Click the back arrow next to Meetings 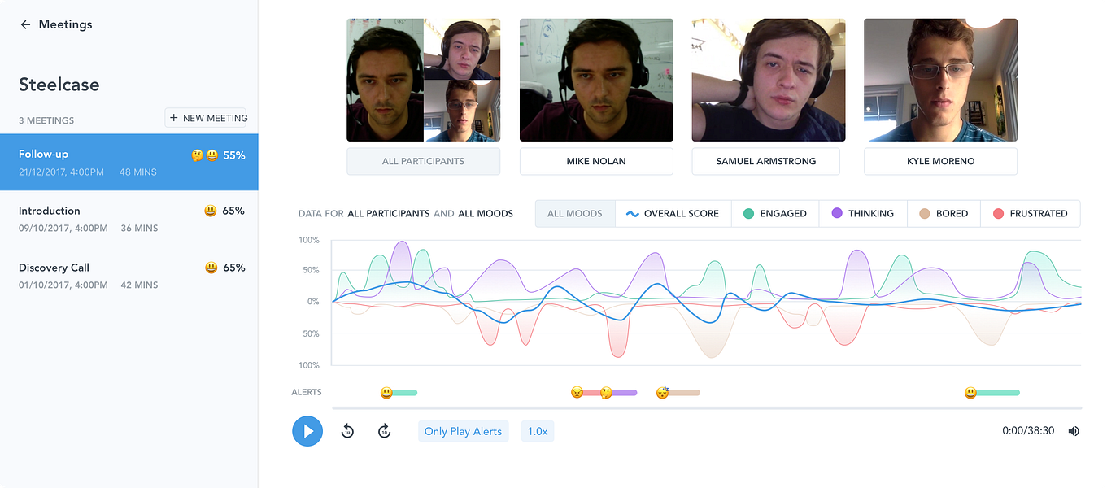click(x=25, y=24)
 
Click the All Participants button click(x=423, y=161)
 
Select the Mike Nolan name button click(x=596, y=161)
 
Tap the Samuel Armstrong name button click(x=768, y=161)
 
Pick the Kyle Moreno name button click(x=940, y=161)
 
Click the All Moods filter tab click(x=575, y=213)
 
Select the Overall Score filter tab click(x=673, y=213)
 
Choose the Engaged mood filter click(x=775, y=213)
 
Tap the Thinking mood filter click(x=862, y=213)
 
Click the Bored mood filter click(x=944, y=213)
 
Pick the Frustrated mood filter click(x=1031, y=213)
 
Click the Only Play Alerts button click(x=464, y=431)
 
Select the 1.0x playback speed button click(x=538, y=431)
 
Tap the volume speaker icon click(x=1074, y=431)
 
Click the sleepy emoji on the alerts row click(x=663, y=393)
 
